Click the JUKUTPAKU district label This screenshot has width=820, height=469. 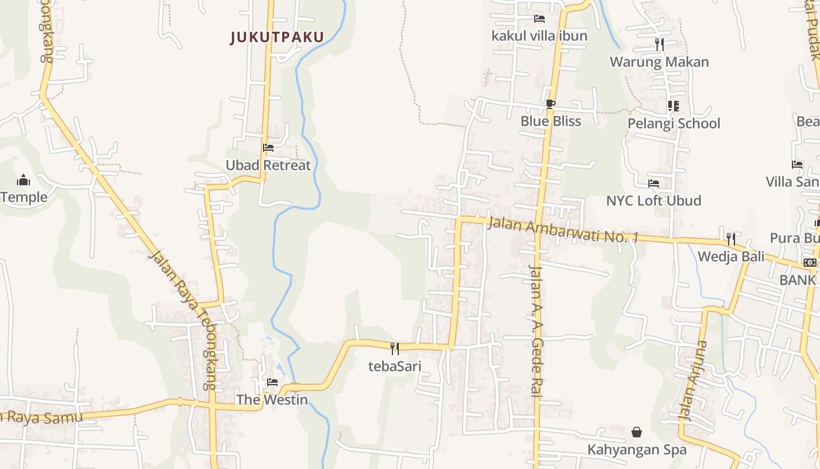pyautogui.click(x=277, y=38)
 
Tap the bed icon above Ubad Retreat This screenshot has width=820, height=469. pyautogui.click(x=268, y=148)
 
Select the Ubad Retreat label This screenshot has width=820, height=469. pyautogui.click(x=268, y=165)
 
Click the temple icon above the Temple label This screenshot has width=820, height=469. pyautogui.click(x=23, y=179)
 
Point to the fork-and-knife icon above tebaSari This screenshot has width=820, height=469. pyautogui.click(x=395, y=348)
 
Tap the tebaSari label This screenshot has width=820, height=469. pyautogui.click(x=395, y=366)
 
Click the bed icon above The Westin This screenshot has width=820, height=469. pyautogui.click(x=272, y=382)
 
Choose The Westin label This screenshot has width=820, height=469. pyautogui.click(x=272, y=400)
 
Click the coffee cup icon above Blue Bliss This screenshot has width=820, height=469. pyautogui.click(x=550, y=104)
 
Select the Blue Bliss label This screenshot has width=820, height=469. pyautogui.click(x=551, y=121)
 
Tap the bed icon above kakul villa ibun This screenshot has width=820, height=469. pyautogui.click(x=539, y=19)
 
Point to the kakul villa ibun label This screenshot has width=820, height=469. pyautogui.click(x=539, y=36)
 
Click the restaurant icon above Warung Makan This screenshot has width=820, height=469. pyautogui.click(x=660, y=44)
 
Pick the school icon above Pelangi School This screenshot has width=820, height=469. pyautogui.click(x=674, y=106)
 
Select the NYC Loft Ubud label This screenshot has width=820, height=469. pyautogui.click(x=654, y=200)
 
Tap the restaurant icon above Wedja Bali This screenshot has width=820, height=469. pyautogui.click(x=731, y=239)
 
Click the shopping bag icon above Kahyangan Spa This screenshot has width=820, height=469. pyautogui.click(x=637, y=433)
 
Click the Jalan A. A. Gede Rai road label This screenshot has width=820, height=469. pyautogui.click(x=536, y=331)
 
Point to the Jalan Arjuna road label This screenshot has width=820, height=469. pyautogui.click(x=692, y=380)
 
